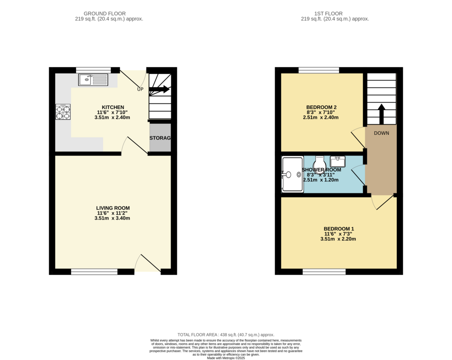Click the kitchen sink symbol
[x=93, y=80]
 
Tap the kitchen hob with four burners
[x=62, y=112]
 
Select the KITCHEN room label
[x=113, y=107]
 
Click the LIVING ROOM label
[x=113, y=208]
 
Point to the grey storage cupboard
[x=160, y=138]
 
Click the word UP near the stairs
[x=140, y=90]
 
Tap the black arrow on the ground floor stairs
[x=159, y=89]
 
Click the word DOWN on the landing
[x=381, y=133]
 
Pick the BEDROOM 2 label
[x=322, y=107]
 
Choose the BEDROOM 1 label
[x=339, y=229]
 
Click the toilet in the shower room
[x=320, y=164]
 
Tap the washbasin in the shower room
[x=338, y=161]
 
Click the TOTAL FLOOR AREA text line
[x=226, y=335]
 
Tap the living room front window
[x=94, y=272]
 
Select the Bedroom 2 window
[x=319, y=70]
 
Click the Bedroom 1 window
[x=324, y=272]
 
